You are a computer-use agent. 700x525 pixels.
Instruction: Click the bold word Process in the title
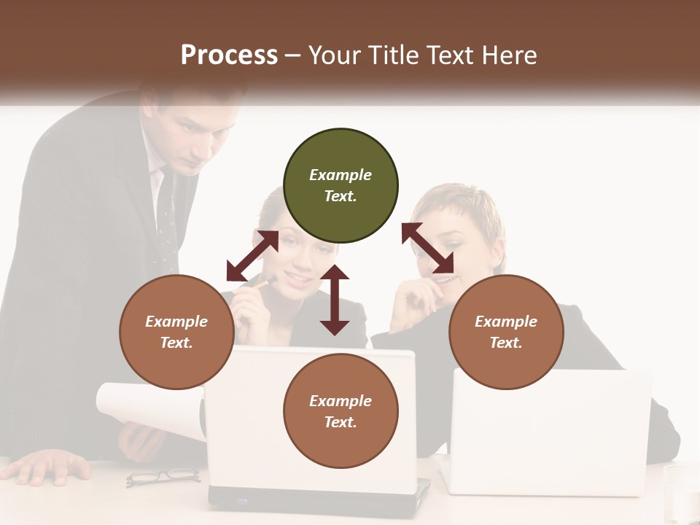[x=229, y=55]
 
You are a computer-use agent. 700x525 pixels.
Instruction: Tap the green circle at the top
[x=341, y=185]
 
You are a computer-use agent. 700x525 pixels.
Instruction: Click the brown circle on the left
[x=176, y=332]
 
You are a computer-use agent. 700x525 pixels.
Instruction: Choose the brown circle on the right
[x=506, y=332]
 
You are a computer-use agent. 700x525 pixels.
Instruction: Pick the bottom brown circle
[x=341, y=411]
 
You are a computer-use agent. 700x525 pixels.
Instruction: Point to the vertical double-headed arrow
[x=335, y=300]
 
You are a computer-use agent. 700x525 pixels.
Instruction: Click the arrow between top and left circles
[x=252, y=256]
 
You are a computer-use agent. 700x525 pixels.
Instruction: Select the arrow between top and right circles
[x=428, y=248]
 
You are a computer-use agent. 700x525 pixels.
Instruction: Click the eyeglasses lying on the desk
[x=163, y=477]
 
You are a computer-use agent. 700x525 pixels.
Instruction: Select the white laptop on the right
[x=550, y=430]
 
